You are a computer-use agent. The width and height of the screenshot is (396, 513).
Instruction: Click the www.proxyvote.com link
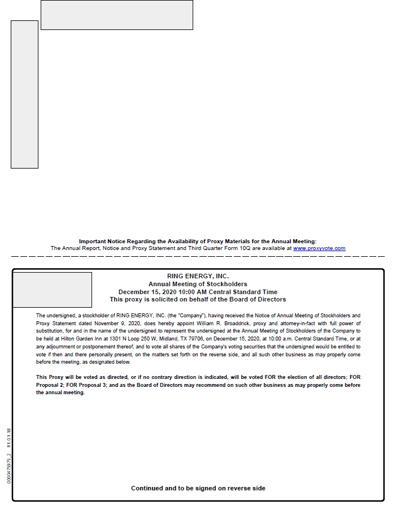(x=319, y=248)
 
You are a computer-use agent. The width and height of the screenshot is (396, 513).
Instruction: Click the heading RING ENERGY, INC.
(x=198, y=276)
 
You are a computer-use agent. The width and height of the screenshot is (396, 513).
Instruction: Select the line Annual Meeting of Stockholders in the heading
(x=198, y=284)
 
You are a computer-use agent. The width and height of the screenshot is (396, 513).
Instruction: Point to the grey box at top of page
(x=116, y=15)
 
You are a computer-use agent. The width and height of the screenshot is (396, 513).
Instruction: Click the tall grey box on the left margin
(x=24, y=94)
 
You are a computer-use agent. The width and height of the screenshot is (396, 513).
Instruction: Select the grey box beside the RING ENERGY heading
(x=52, y=290)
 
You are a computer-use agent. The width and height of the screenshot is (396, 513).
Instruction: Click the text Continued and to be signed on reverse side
(x=198, y=488)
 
